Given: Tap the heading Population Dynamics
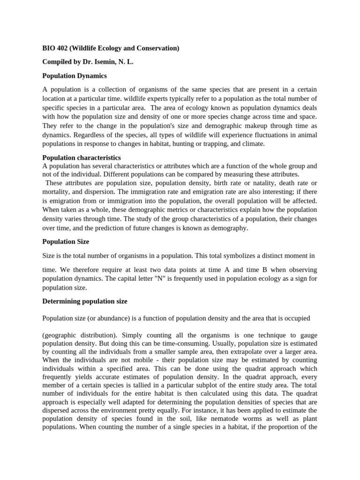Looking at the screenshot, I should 75,75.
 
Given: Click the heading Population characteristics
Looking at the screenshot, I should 82,158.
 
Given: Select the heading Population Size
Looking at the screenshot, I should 66,242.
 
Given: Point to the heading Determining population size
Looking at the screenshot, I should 85,301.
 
